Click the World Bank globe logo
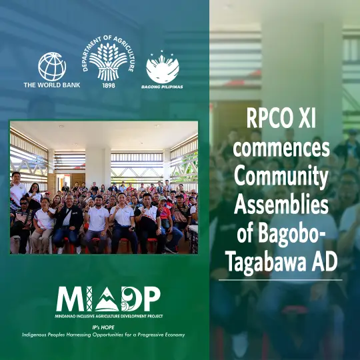(x=52, y=67)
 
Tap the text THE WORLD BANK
(x=52, y=85)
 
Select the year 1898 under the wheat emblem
(x=109, y=85)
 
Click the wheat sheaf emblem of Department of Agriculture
(x=109, y=61)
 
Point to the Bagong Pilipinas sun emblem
(x=163, y=67)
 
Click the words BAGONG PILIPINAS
(x=162, y=87)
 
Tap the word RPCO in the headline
(x=266, y=119)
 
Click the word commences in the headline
(x=281, y=149)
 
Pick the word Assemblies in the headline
(x=281, y=205)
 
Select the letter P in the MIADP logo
(x=151, y=299)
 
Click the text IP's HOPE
(x=103, y=327)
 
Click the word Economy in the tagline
(x=175, y=335)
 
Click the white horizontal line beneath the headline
(x=280, y=280)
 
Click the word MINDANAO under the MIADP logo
(x=63, y=316)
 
